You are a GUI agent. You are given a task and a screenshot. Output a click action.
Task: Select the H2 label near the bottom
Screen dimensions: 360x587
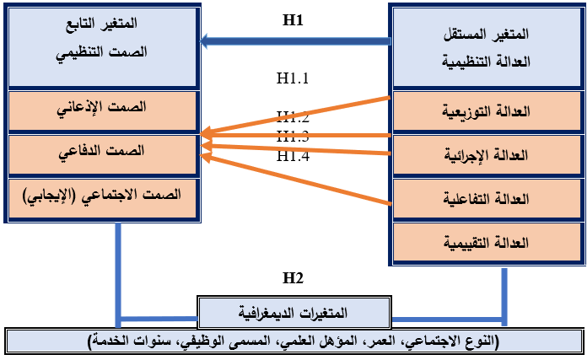[293, 278]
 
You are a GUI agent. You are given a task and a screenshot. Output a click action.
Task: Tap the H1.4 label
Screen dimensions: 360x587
[293, 156]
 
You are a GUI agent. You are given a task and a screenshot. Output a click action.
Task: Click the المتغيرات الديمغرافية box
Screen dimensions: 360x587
[294, 313]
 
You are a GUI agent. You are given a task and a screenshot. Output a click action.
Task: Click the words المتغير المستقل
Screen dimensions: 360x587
[487, 35]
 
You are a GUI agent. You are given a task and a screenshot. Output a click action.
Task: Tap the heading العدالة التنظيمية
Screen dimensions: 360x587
[487, 61]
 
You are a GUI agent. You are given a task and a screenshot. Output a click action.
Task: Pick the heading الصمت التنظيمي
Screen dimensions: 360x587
[105, 51]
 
